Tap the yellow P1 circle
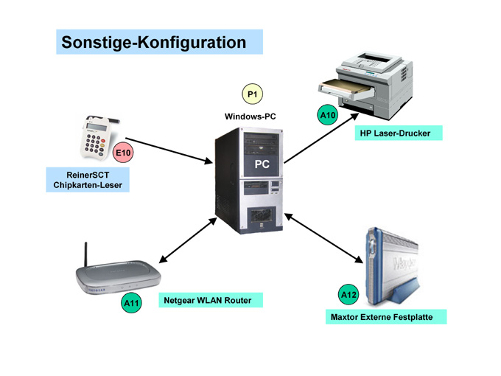pos(253,94)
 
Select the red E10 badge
pos(123,153)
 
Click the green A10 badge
pos(327,115)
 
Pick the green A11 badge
pos(132,302)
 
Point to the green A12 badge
pos(348,295)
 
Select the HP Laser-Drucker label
pos(395,133)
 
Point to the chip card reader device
pos(96,140)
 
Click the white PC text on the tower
pos(262,164)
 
